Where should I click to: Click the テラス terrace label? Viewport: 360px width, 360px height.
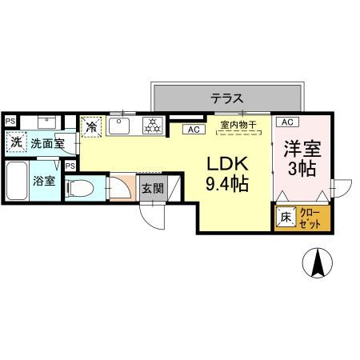tap(228, 98)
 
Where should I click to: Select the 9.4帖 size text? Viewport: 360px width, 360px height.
tap(227, 185)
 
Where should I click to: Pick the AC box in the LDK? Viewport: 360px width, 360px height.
tap(193, 129)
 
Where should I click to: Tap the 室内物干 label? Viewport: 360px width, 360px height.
tap(238, 125)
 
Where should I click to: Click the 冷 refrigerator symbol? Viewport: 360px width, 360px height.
tap(92, 126)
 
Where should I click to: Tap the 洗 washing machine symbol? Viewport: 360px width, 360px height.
tap(16, 143)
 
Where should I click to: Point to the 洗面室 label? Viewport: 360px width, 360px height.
tap(47, 144)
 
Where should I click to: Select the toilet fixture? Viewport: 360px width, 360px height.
tap(79, 186)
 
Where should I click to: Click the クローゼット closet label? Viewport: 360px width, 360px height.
tap(309, 216)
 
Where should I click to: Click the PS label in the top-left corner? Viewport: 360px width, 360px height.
tap(10, 121)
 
